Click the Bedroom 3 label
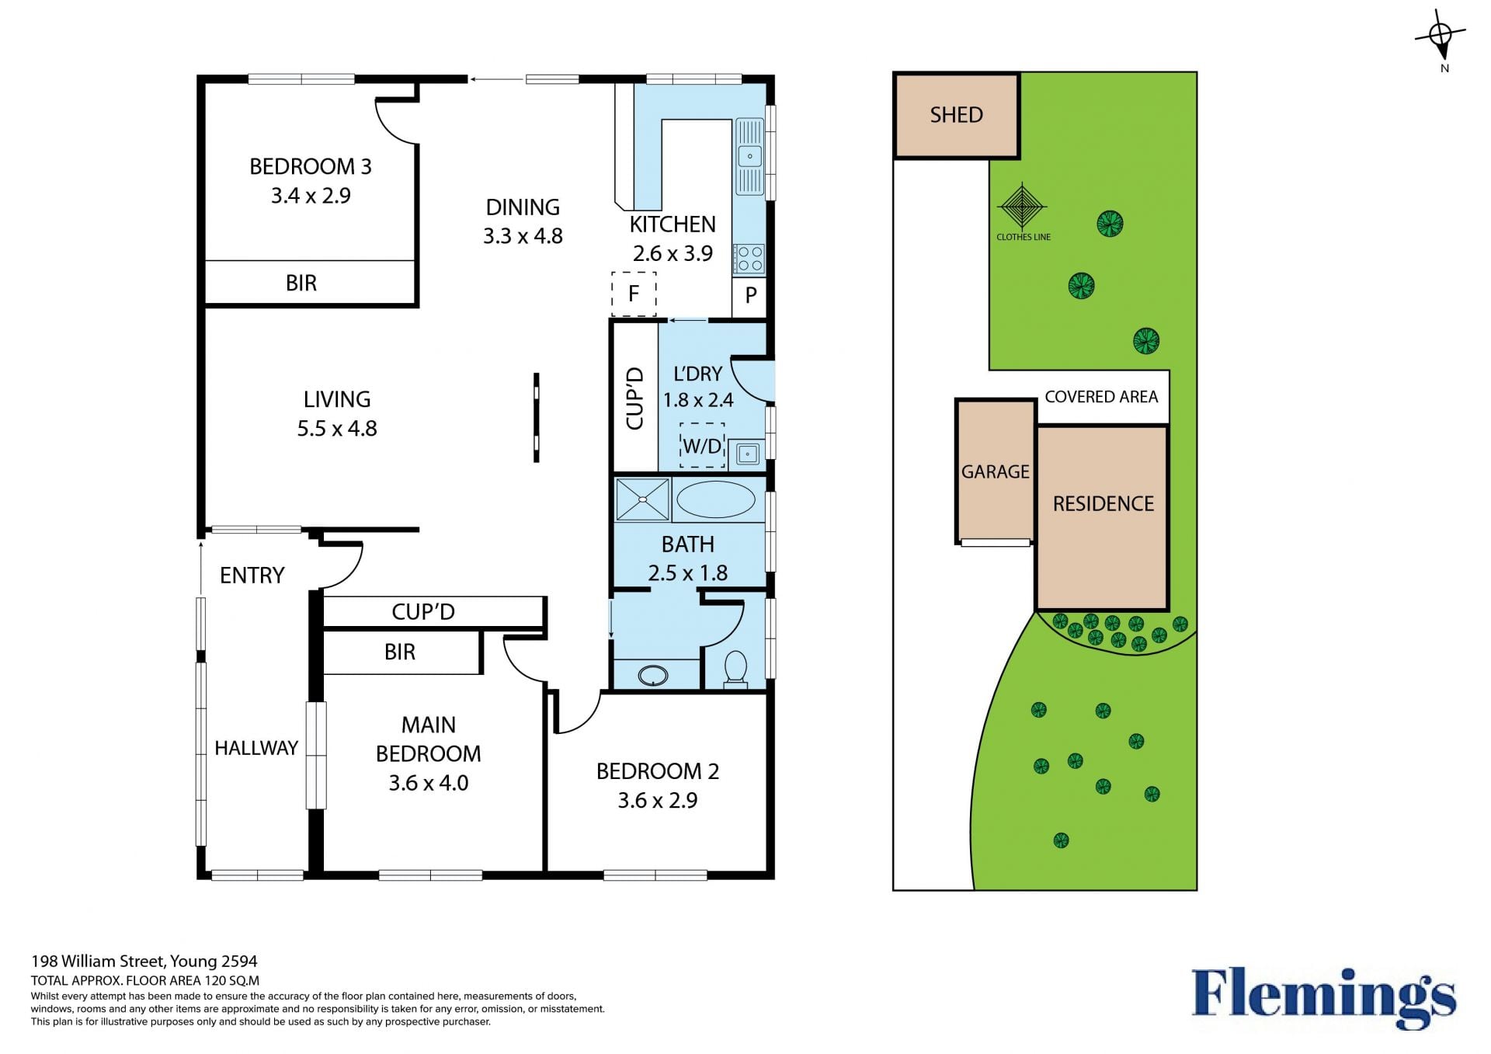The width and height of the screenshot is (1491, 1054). coord(311,166)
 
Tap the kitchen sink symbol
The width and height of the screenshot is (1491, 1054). coord(749,156)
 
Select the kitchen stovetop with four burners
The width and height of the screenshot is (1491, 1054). coord(749,259)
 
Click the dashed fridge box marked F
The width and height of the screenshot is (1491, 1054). coord(634,294)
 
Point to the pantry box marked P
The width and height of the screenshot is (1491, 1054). coord(750,295)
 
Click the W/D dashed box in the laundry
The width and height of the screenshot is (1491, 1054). coord(702,446)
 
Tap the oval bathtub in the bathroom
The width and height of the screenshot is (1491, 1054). coord(715,499)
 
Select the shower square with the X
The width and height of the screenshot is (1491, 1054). coord(642,499)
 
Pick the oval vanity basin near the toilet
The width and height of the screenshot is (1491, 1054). coord(653,676)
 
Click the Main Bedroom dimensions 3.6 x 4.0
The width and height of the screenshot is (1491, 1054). coord(429,783)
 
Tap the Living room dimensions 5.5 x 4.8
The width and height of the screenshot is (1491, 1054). coord(337,429)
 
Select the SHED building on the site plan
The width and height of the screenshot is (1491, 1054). coord(957,116)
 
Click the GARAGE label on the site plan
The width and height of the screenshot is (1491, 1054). coord(996,471)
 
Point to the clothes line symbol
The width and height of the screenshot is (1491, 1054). coord(1023,207)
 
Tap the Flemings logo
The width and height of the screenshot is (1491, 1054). coord(1323,997)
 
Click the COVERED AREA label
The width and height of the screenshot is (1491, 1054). coord(1101,397)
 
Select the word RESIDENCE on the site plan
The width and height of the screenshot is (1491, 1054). coord(1103,504)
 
